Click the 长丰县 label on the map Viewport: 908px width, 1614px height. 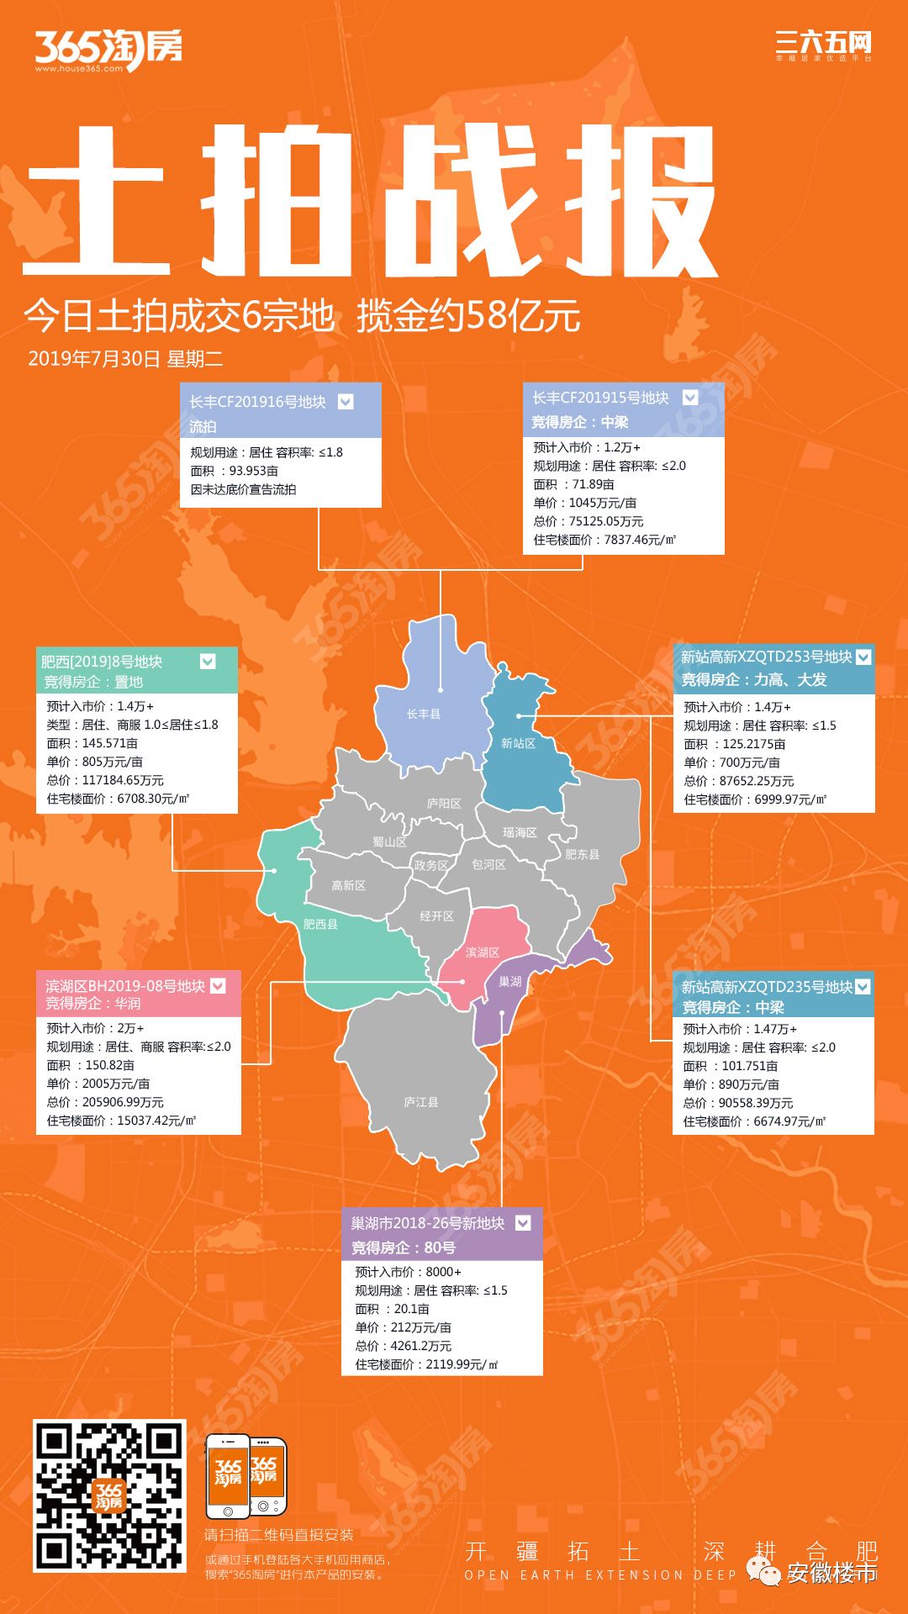coord(423,714)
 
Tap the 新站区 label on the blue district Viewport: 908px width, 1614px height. coord(518,743)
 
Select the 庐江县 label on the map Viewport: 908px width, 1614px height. coord(420,1102)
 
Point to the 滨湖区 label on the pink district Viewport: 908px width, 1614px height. coord(483,952)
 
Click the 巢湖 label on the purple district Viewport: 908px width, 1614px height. coord(510,981)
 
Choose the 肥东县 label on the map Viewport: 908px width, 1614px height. coord(582,854)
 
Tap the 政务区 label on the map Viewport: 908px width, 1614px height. coord(431,865)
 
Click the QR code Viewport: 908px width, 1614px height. coord(109,1496)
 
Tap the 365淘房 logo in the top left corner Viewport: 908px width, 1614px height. coord(108,49)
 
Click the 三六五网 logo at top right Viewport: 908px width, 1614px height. coord(823,45)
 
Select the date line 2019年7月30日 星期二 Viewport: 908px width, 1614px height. coord(125,359)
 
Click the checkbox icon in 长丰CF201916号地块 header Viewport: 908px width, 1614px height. coord(346,402)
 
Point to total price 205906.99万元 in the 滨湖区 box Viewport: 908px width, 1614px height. coord(105,1102)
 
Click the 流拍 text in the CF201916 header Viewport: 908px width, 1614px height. coord(203,426)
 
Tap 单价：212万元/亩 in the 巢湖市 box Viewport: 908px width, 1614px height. coord(404,1327)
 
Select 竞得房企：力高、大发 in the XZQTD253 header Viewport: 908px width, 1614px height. coord(754,679)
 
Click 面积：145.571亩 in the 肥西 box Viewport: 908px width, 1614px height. coord(92,743)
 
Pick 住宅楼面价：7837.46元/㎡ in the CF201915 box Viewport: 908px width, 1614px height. coord(604,540)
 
